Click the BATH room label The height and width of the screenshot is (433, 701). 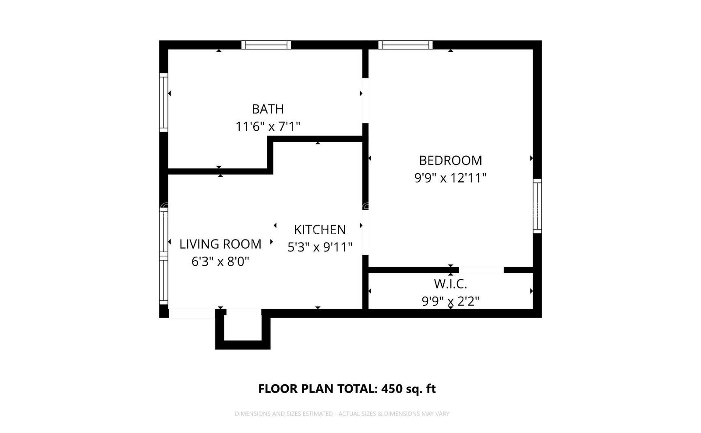click(x=267, y=109)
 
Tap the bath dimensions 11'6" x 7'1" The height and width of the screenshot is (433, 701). click(x=267, y=127)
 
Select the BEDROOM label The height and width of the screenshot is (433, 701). click(x=450, y=160)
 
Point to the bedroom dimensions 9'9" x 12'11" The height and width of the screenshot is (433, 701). click(x=450, y=178)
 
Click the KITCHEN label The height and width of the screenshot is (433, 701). click(x=319, y=229)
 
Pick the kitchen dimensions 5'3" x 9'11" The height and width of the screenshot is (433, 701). click(x=319, y=247)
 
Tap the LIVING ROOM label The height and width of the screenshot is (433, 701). click(x=220, y=244)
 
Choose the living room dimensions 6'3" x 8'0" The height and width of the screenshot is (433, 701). click(x=220, y=262)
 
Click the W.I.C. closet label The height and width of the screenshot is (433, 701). click(x=450, y=284)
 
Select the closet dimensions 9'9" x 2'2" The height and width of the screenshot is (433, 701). click(x=450, y=301)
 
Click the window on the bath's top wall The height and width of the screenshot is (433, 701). click(x=266, y=45)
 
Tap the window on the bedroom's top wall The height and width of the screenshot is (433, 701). click(x=405, y=45)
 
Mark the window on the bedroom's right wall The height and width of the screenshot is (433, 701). click(x=537, y=206)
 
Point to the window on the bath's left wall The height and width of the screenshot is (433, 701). click(x=163, y=102)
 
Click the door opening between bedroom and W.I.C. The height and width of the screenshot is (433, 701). click(x=481, y=270)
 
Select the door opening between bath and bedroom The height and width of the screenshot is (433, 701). click(x=365, y=101)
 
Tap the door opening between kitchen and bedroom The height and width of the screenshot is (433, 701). click(x=365, y=233)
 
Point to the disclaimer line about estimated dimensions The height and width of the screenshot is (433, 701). click(x=342, y=414)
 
